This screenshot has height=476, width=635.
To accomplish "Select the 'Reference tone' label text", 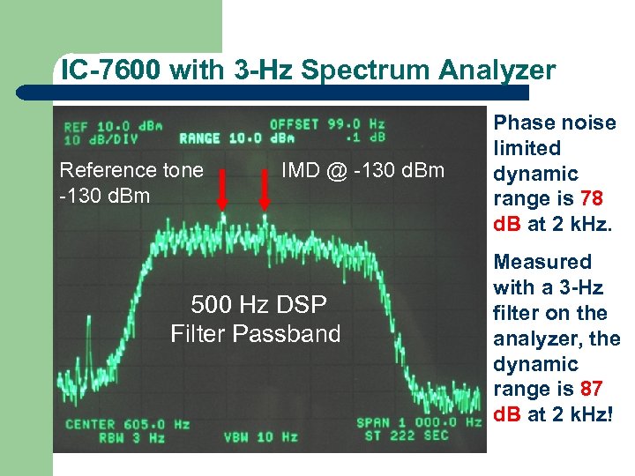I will (x=131, y=169).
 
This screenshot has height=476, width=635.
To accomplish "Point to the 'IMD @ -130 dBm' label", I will (x=363, y=169).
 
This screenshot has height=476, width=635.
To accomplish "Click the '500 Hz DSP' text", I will (x=258, y=305).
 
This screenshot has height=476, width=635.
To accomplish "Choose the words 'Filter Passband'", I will (x=256, y=333).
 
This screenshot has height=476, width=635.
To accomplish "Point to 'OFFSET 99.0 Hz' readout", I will (x=327, y=124).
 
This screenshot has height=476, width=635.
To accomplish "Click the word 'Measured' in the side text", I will (x=542, y=262).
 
